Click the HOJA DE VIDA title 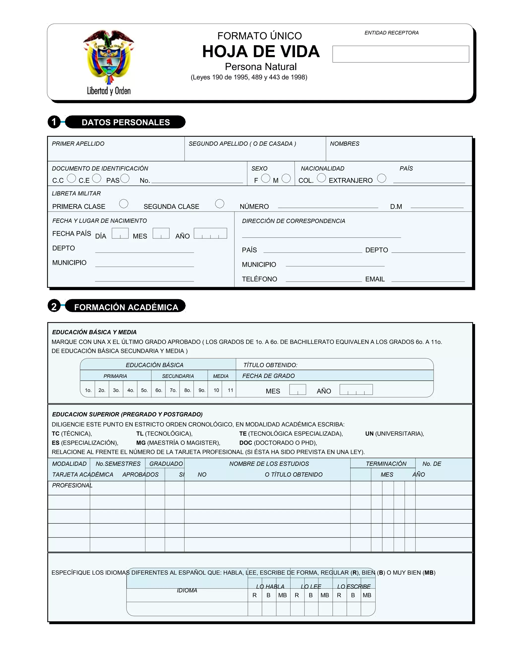coord(261,51)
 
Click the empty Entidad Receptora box coord(400,54)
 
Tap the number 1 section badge coord(54,122)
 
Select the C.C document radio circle coord(71,178)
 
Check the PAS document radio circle coord(125,178)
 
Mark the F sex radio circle coord(265,178)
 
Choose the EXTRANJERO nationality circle coord(381,178)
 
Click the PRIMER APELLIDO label coord(78,144)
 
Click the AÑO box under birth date coord(210,233)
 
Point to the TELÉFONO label coord(259,279)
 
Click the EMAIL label coord(375,279)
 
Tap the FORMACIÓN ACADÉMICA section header coord(126,307)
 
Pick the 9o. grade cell coord(202,390)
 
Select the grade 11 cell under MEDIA coord(230,390)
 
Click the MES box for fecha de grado coord(297,390)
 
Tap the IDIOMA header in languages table coord(187,590)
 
